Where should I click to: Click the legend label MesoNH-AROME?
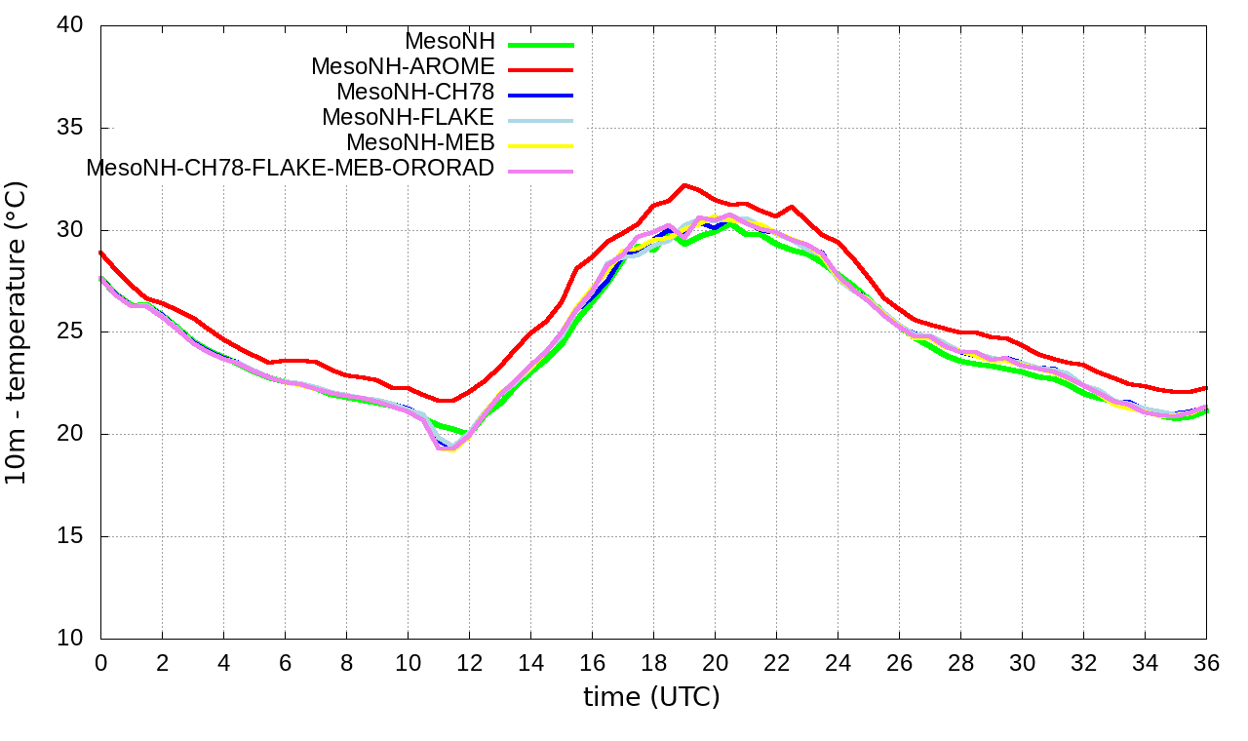tap(403, 67)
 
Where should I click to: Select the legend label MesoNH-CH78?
tap(415, 93)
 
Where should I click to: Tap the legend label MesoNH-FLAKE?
tap(409, 117)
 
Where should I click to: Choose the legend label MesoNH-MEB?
tap(421, 142)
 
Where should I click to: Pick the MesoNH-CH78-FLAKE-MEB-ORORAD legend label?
tap(291, 168)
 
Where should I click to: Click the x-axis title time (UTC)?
tap(651, 697)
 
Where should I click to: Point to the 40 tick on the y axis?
tap(71, 27)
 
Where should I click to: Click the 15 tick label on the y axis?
tap(71, 536)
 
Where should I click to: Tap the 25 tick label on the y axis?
tap(71, 332)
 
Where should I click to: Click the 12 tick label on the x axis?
tap(469, 662)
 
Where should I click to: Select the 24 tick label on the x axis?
tap(838, 662)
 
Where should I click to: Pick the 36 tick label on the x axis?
tap(1206, 662)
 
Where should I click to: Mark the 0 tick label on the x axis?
tap(100, 662)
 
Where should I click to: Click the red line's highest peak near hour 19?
tap(684, 184)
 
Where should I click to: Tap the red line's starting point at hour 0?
tap(101, 252)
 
